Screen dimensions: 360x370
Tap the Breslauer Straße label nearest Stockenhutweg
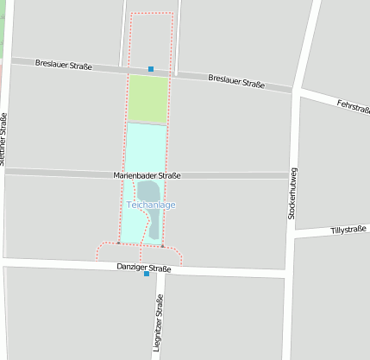(x=235, y=82)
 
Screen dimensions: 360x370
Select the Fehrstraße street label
(x=354, y=106)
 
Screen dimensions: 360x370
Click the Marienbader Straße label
(x=147, y=175)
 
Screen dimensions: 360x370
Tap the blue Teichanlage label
(x=151, y=205)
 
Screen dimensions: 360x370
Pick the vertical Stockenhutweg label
(x=292, y=192)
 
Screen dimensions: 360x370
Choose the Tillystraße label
(x=349, y=231)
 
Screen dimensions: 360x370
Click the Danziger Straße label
(x=144, y=268)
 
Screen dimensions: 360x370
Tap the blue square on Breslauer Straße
(x=151, y=69)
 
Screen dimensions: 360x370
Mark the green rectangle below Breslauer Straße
(x=147, y=99)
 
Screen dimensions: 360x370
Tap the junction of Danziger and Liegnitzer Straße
(x=160, y=269)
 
